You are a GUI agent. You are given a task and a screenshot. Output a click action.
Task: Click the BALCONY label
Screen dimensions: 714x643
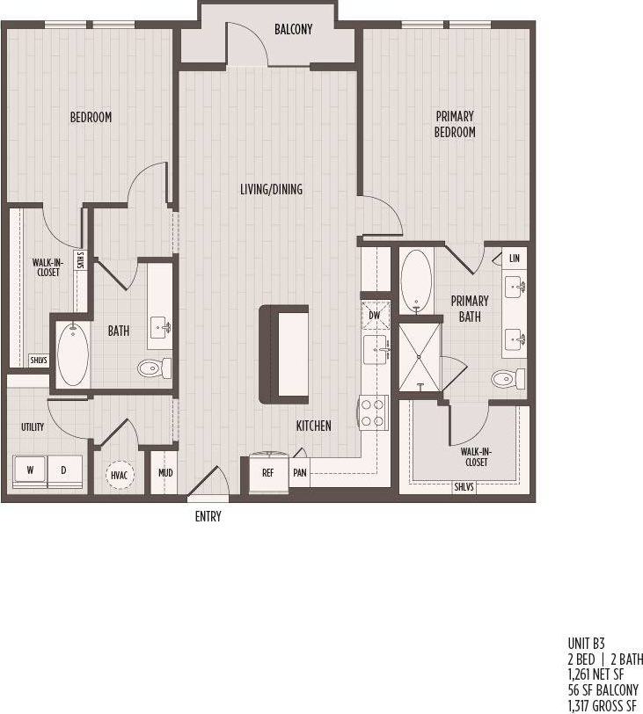[293, 29]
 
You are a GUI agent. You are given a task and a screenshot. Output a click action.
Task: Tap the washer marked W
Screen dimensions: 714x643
[30, 470]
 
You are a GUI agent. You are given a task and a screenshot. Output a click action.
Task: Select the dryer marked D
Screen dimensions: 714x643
[63, 470]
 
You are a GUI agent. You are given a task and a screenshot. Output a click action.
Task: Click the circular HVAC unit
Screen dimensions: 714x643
[120, 475]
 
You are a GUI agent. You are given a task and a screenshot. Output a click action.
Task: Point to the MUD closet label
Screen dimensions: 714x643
[165, 473]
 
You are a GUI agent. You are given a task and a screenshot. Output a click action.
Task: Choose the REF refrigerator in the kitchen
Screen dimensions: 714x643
[268, 472]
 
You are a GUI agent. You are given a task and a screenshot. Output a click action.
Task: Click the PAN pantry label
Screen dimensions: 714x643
[300, 472]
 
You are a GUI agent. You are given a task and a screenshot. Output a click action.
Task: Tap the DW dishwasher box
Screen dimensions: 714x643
[375, 314]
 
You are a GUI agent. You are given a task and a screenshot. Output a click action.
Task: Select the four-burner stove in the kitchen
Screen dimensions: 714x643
[372, 411]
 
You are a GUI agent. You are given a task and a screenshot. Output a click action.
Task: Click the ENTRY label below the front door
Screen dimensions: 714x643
[208, 517]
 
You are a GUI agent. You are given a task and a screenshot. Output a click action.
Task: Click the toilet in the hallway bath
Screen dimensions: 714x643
[154, 367]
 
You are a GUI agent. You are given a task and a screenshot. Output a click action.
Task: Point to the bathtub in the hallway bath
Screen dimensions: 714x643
[73, 354]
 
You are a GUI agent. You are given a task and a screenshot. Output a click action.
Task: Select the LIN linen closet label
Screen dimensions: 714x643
[514, 259]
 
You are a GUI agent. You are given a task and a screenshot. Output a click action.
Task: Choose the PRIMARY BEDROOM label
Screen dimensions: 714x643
[454, 124]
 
